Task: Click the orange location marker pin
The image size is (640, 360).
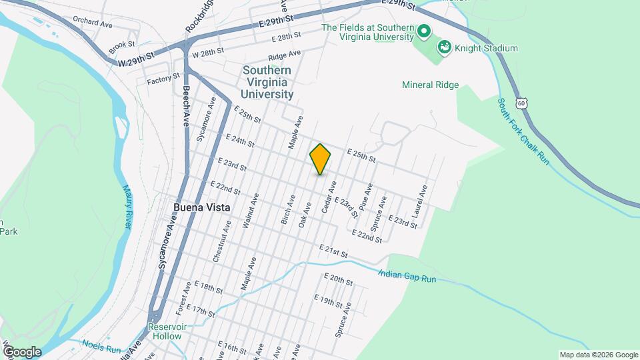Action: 320,159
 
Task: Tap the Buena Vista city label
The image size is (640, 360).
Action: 201,207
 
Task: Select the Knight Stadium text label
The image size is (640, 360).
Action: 487,48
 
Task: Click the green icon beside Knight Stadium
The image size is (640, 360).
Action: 444,47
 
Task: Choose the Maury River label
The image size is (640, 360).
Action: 126,207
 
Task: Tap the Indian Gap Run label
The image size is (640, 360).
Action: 407,275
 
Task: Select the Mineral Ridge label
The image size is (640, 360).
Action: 431,85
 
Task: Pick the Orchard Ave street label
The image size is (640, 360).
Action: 93,21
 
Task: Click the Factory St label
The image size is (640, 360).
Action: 163,79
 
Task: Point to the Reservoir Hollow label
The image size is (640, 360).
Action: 164,331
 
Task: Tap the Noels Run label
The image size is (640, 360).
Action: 101,347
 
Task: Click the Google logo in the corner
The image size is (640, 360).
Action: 21,351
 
